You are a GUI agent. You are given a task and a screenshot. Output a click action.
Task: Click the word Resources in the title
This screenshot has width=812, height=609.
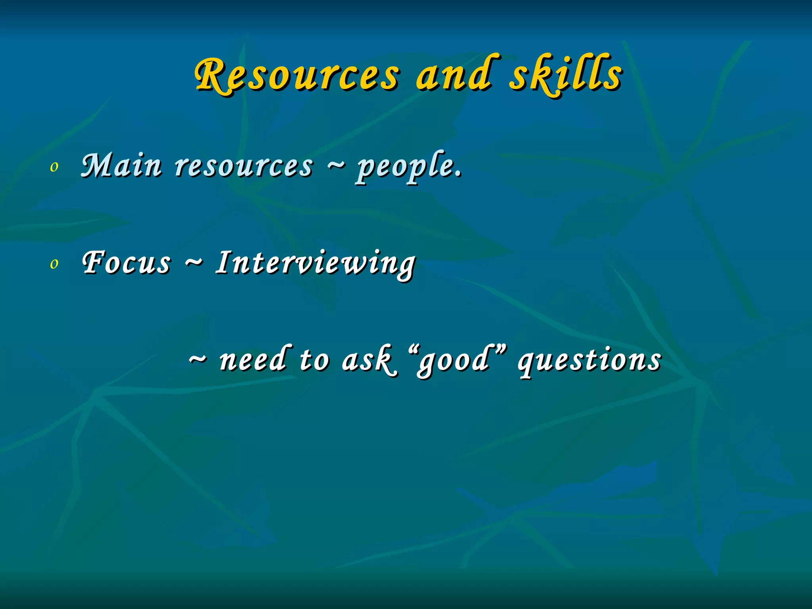click(x=297, y=75)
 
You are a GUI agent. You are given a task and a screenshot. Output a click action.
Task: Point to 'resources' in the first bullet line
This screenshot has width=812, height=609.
click(x=244, y=166)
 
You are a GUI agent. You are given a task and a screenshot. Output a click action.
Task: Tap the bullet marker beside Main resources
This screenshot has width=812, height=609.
click(x=54, y=167)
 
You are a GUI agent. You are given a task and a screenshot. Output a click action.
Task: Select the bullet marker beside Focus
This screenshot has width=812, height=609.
click(x=54, y=264)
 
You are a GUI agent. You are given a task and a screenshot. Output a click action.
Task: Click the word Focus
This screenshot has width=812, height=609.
click(x=126, y=262)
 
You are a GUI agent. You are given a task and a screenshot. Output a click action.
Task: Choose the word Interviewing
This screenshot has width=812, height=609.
click(x=315, y=263)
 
